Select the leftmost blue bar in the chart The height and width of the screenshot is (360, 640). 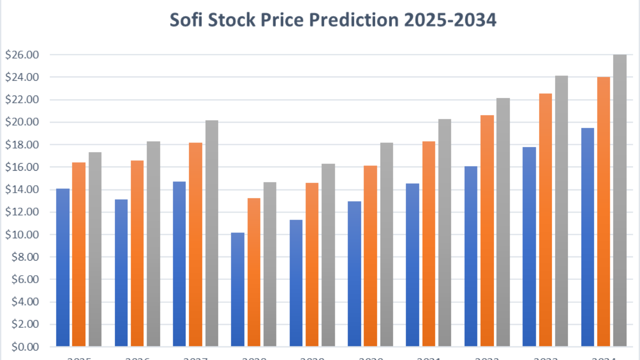click(x=63, y=268)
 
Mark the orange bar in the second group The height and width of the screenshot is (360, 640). click(x=137, y=254)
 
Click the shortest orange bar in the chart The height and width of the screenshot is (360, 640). click(x=254, y=272)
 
